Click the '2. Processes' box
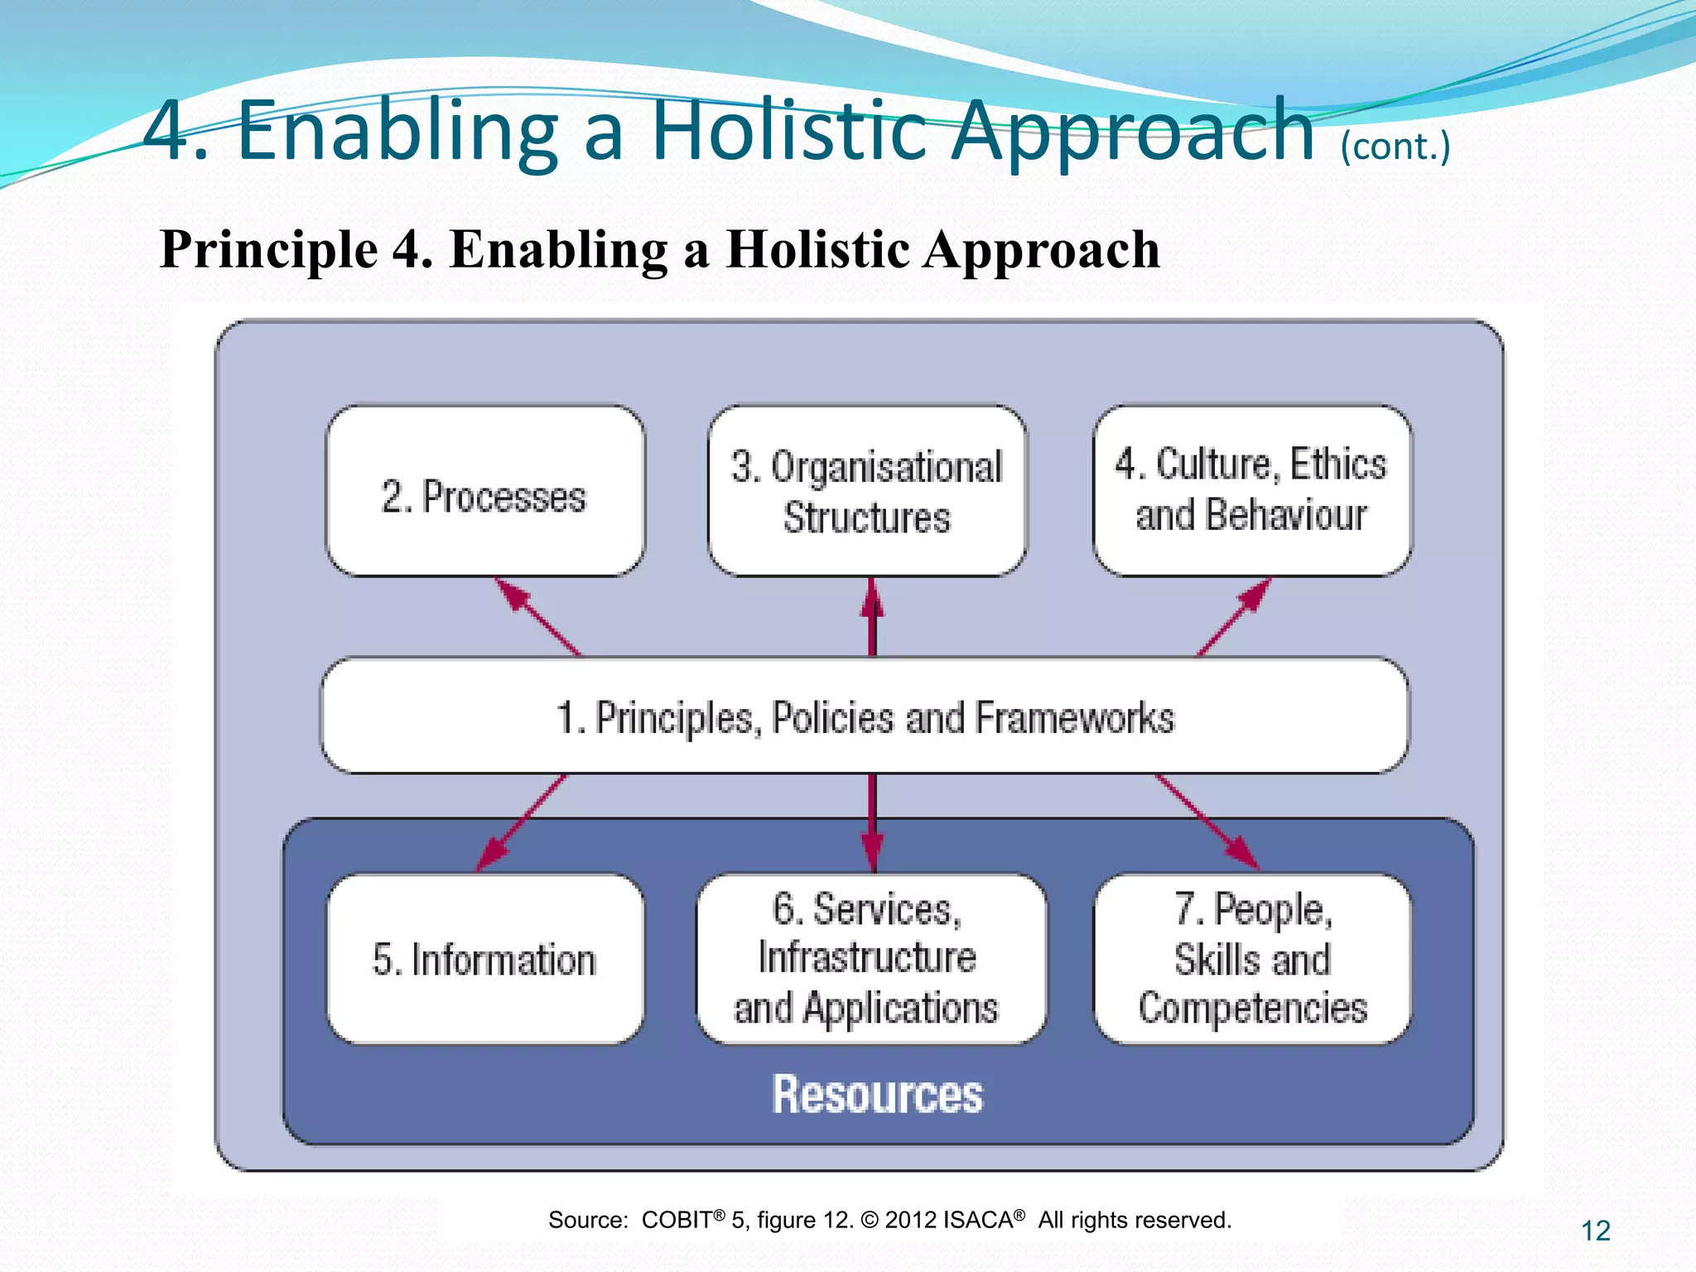484,492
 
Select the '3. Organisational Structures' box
867,492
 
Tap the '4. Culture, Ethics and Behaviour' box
1251,490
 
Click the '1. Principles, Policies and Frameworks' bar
865,716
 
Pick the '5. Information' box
484,959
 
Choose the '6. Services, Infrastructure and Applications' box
870,959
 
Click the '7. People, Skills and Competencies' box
1251,959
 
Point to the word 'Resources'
876,1094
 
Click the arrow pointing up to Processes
537,617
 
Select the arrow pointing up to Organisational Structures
872,617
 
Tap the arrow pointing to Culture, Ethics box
1234,617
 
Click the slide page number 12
1595,1231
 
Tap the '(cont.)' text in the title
1395,147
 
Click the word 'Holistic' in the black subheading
817,249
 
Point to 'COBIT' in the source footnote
677,1220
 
